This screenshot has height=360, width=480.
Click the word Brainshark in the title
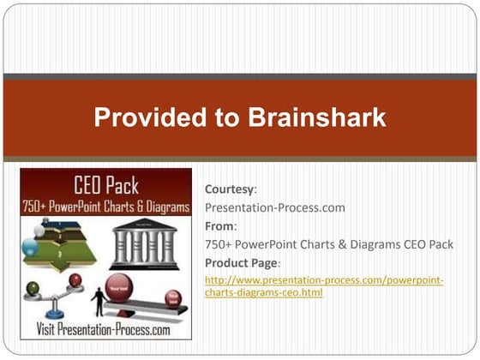(315, 118)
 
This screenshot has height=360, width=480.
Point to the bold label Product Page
(243, 262)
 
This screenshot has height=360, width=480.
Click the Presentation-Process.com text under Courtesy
(275, 208)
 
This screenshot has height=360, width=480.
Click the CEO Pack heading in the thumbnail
(106, 184)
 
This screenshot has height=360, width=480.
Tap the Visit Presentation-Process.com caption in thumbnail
(104, 329)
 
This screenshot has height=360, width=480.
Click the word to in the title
(229, 118)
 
